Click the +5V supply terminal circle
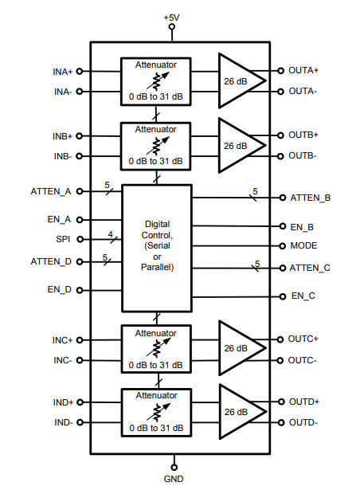coord(171,26)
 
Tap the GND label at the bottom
coord(174,479)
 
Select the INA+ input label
coord(62,72)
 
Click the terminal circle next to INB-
coord(80,156)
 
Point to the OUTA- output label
coord(303,91)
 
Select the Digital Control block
coord(157,248)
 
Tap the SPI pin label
coord(63,239)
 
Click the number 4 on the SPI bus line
coord(111,234)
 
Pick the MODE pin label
coord(303,245)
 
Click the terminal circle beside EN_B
coord(283,226)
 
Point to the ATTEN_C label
coord(310,268)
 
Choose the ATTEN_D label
coord(51,261)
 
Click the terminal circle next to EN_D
coord(80,290)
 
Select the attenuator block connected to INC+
coord(156,349)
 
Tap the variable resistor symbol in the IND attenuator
coord(158,412)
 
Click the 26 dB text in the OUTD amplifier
coord(236,412)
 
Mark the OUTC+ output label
coord(303,339)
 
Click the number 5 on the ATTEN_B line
coord(256,191)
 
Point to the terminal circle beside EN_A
coord(80,220)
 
